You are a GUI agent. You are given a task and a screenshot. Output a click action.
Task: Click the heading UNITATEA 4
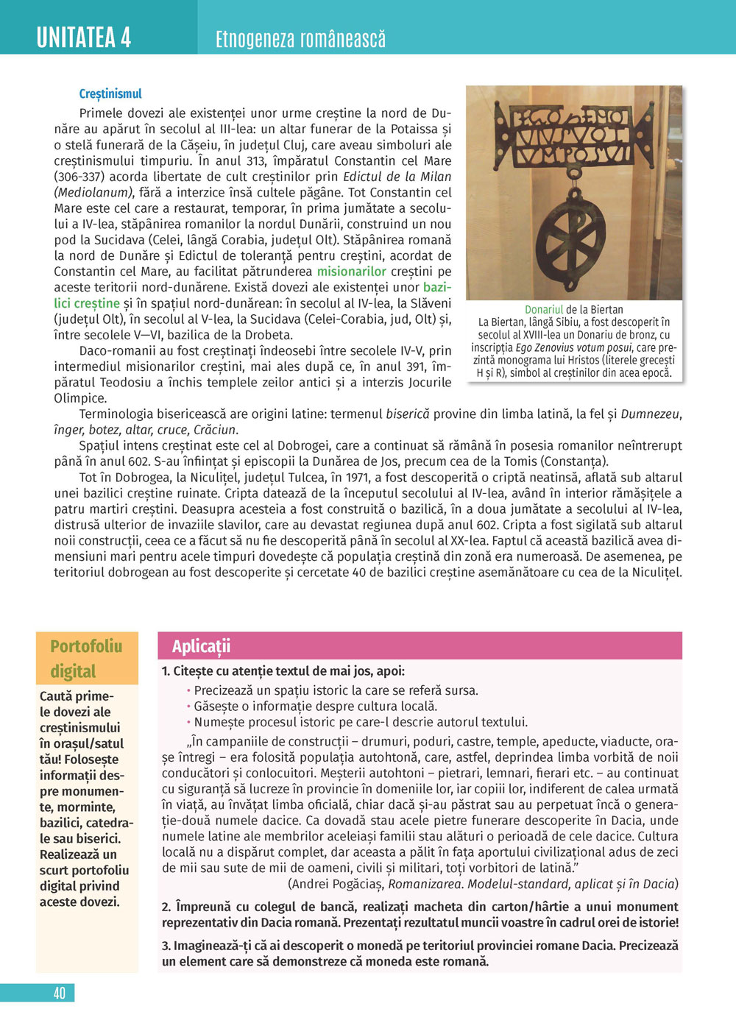84,37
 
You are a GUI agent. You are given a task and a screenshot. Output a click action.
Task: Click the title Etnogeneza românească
300,39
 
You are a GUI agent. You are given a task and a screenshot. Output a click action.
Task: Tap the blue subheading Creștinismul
110,93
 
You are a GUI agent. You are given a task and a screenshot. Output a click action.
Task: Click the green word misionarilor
351,272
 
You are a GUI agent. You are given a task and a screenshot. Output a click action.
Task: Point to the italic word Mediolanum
93,193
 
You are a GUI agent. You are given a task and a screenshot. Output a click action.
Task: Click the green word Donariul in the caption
544,310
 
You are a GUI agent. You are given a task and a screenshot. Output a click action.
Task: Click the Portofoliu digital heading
86,658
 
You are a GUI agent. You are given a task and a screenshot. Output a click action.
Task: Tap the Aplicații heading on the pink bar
201,646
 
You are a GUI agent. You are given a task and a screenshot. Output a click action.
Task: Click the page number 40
60,993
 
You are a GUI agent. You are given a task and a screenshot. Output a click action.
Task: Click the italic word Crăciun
215,430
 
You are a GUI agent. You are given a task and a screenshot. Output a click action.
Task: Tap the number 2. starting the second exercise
166,907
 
